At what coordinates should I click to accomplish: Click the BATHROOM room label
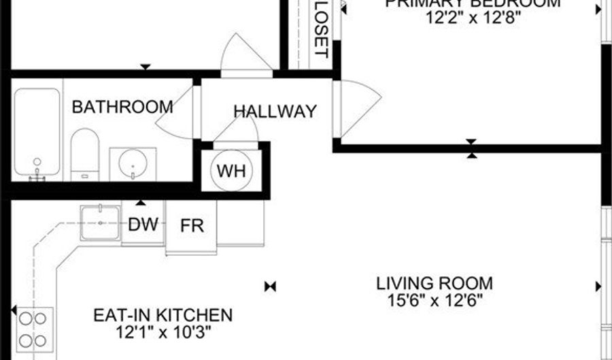(122, 107)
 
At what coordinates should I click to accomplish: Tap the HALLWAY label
(275, 111)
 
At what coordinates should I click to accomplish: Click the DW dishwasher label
(143, 225)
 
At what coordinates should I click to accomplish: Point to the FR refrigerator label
(192, 225)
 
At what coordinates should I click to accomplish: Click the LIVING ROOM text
(435, 283)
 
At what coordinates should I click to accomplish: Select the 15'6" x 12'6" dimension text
(435, 300)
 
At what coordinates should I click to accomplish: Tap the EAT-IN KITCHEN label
(163, 315)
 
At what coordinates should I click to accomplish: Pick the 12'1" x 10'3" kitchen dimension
(163, 333)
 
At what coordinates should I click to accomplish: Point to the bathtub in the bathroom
(37, 131)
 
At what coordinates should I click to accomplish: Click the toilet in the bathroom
(85, 153)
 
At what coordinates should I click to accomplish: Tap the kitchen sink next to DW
(101, 222)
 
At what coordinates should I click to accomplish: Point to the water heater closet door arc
(235, 133)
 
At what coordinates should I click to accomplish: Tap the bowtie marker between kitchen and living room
(271, 285)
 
